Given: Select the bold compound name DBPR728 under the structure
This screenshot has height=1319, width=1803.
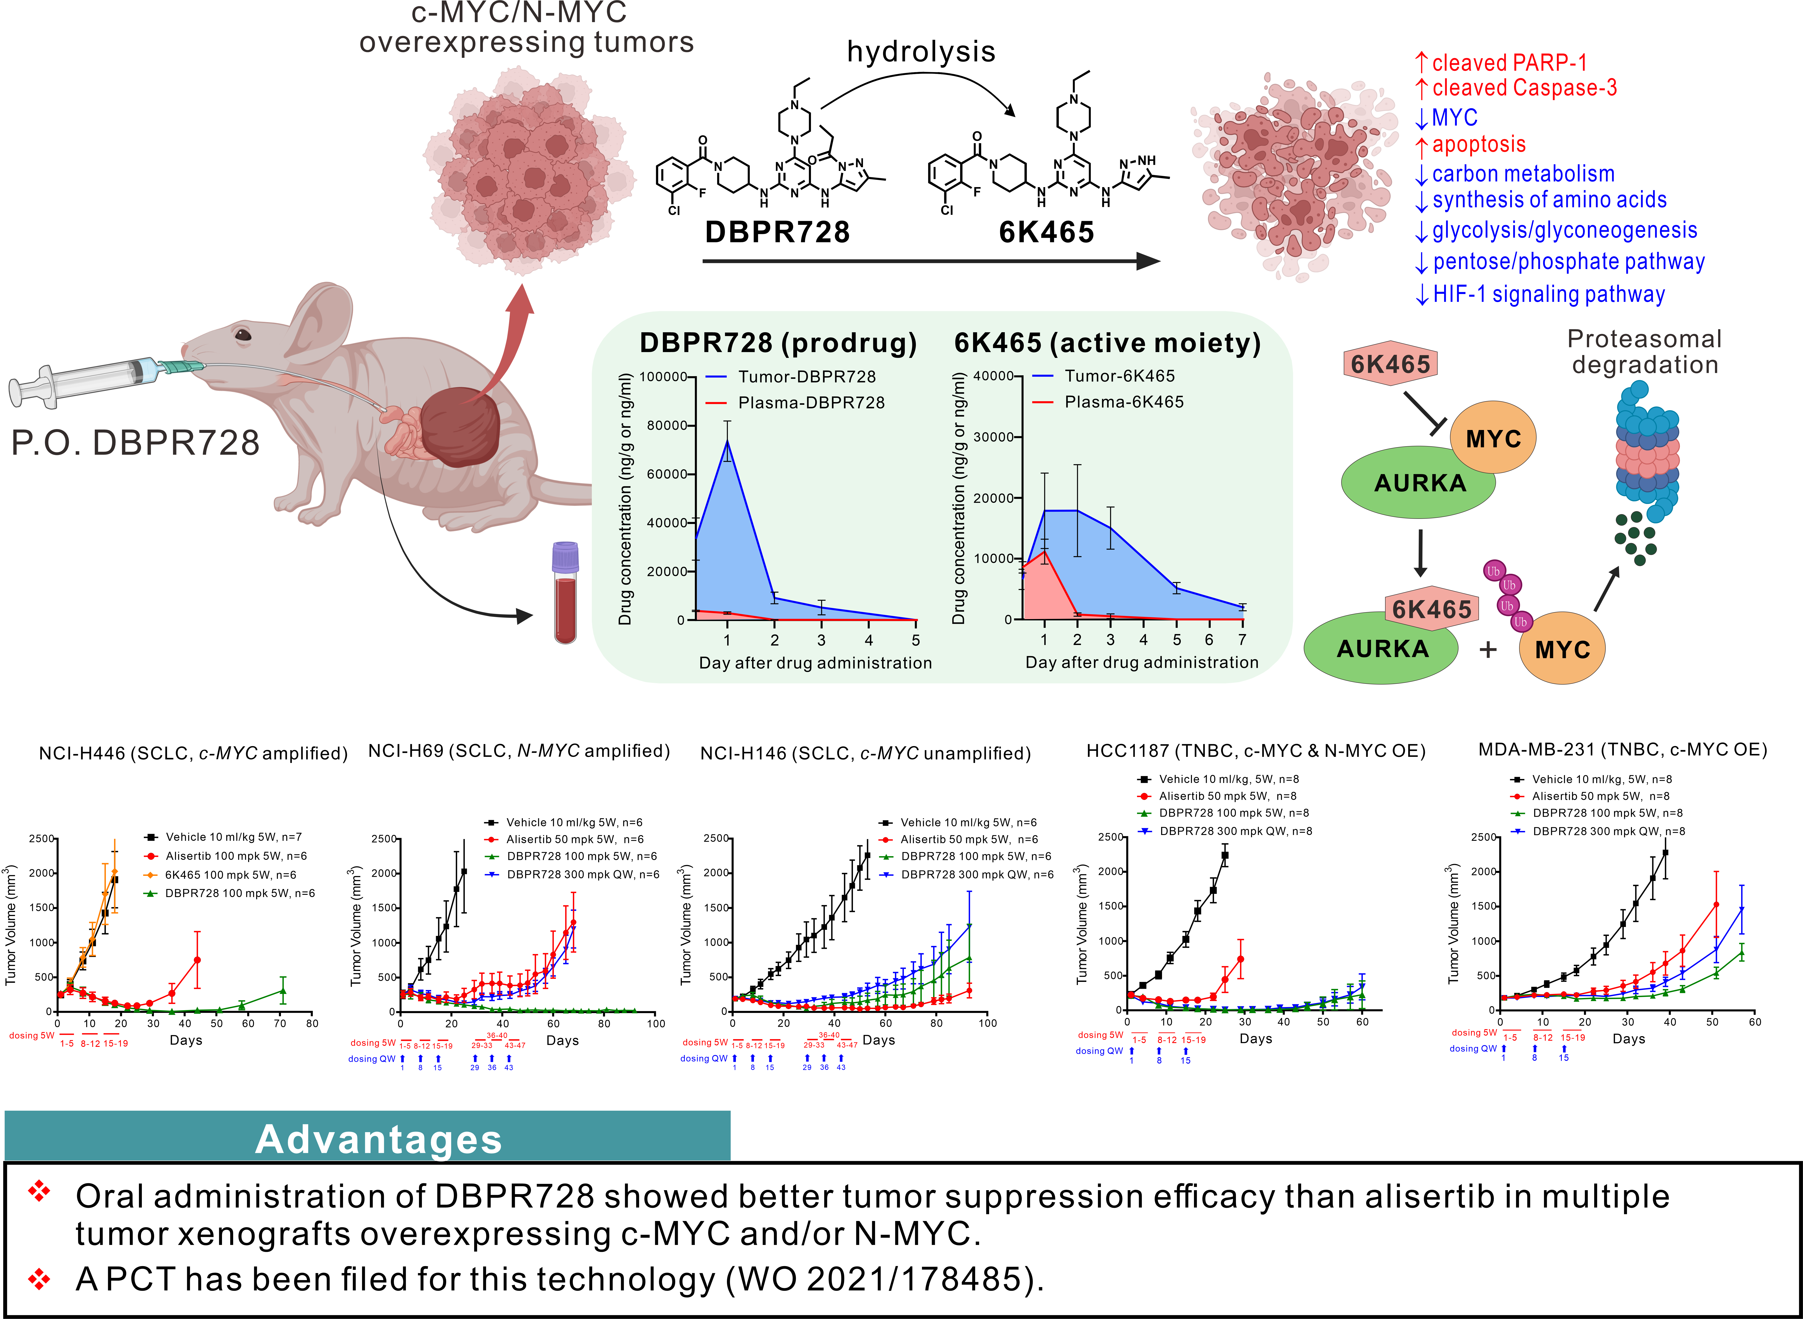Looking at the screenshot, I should (x=777, y=232).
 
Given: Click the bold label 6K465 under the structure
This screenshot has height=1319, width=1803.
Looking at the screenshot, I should (x=1046, y=232).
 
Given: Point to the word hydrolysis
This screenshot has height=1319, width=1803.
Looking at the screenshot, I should (x=921, y=52).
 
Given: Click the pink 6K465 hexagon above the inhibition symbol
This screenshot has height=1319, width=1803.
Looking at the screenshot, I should (x=1390, y=365).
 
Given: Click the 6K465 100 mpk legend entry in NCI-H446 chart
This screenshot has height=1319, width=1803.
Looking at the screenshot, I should (x=230, y=875).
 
